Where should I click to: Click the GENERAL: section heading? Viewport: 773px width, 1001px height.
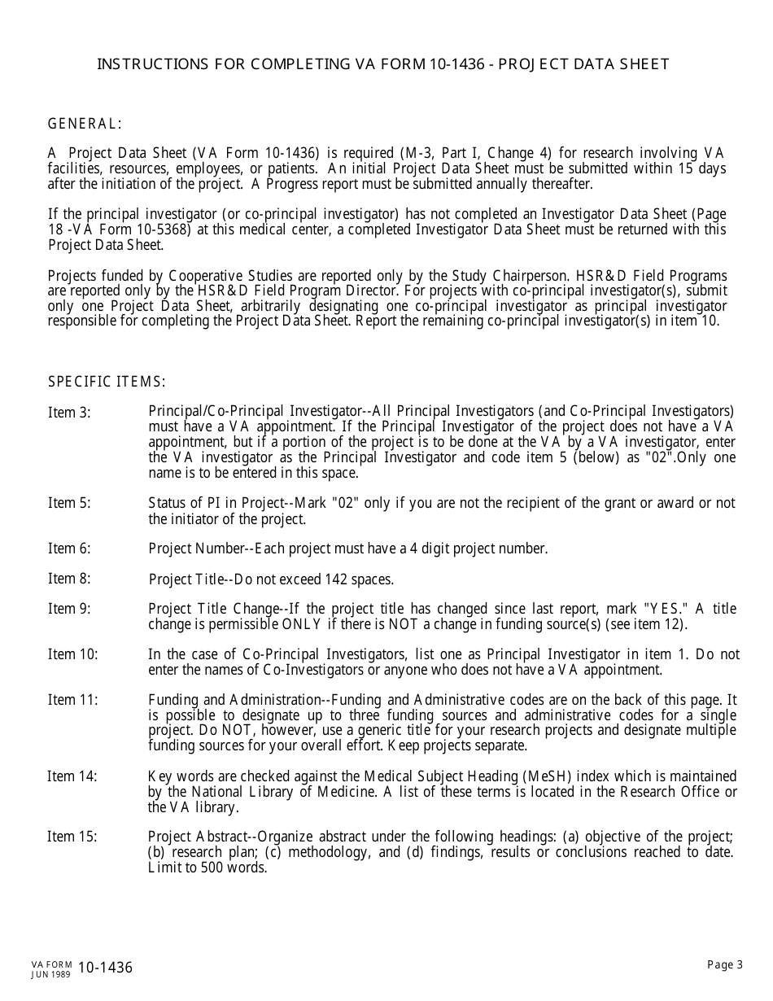pyautogui.click(x=85, y=124)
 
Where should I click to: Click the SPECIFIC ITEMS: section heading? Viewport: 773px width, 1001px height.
pyautogui.click(x=107, y=382)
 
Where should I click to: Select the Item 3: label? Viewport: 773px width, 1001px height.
pyautogui.click(x=69, y=413)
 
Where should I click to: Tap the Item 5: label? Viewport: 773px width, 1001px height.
pyautogui.click(x=69, y=503)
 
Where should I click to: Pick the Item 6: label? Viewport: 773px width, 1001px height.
pyautogui.click(x=69, y=549)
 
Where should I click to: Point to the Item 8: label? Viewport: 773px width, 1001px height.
pyautogui.click(x=69, y=579)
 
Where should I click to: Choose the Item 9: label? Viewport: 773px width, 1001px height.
pyautogui.click(x=69, y=609)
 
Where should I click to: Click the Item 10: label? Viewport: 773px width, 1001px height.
pyautogui.click(x=72, y=654)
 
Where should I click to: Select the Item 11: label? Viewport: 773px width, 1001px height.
pyautogui.click(x=72, y=700)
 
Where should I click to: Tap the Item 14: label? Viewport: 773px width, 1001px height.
pyautogui.click(x=72, y=776)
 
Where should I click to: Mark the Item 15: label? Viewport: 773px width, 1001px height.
pyautogui.click(x=72, y=837)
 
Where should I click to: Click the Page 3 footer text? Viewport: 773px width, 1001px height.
pyautogui.click(x=725, y=965)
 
